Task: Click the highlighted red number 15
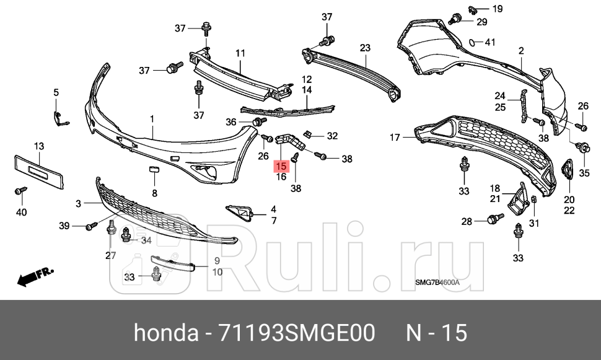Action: coord(281,166)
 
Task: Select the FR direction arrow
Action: coord(35,277)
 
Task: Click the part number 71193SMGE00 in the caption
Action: coord(297,333)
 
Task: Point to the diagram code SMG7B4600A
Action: coord(437,284)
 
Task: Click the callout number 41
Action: coord(490,42)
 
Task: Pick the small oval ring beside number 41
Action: coord(472,43)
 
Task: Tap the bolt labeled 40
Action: coord(19,193)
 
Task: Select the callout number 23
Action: coord(364,48)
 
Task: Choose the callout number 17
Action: coord(395,138)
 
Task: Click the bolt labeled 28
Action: coord(494,219)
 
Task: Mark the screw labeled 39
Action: coord(91,226)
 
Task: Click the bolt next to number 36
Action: coord(248,123)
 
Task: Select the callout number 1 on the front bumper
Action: coord(152,118)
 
